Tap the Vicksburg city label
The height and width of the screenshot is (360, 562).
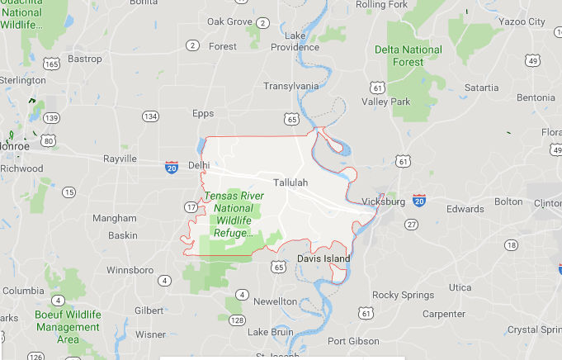(383, 202)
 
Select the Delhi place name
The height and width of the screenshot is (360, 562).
(199, 165)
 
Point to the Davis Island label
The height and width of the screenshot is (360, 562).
(324, 258)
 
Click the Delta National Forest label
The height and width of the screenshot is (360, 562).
(409, 55)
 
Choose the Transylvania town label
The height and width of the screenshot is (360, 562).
(290, 86)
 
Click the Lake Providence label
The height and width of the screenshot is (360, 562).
(295, 41)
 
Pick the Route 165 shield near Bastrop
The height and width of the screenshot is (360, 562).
(52, 64)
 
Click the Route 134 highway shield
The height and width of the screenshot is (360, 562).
(150, 116)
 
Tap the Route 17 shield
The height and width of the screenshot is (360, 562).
(191, 207)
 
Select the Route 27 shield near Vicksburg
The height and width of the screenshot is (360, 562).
(411, 224)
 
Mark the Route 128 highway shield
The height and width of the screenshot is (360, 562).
(237, 320)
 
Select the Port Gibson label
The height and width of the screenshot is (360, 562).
(353, 341)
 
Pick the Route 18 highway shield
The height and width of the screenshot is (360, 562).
(512, 245)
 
